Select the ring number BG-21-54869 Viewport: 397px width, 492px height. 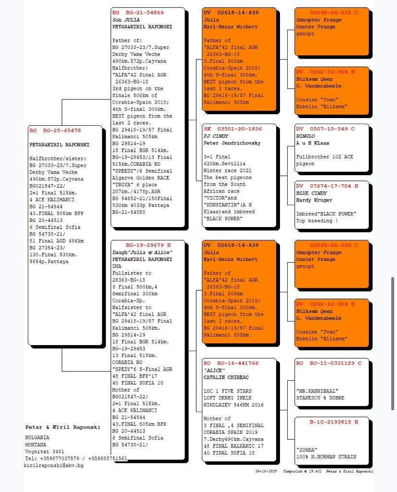click(x=145, y=12)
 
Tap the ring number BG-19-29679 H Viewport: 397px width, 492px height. click(x=148, y=245)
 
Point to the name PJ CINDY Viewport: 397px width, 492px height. click(x=216, y=136)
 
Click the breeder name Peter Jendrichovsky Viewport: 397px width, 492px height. click(x=230, y=143)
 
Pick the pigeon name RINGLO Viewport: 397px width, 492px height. click(x=305, y=136)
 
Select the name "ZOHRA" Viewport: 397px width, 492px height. click(x=307, y=450)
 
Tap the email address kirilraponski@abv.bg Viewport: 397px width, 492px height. click(x=54, y=466)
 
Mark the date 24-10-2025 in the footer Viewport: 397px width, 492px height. click(x=266, y=472)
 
